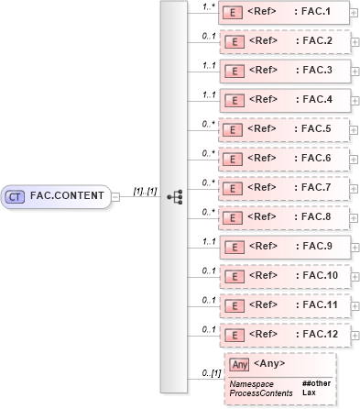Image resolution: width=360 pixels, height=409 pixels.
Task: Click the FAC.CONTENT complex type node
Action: point(57,195)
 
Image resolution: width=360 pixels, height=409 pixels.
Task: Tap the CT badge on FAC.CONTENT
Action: point(16,195)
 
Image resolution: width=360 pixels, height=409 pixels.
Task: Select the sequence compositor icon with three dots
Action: point(175,196)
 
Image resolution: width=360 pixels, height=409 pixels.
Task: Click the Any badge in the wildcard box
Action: point(239,365)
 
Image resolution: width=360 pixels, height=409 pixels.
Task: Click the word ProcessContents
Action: point(261,392)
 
